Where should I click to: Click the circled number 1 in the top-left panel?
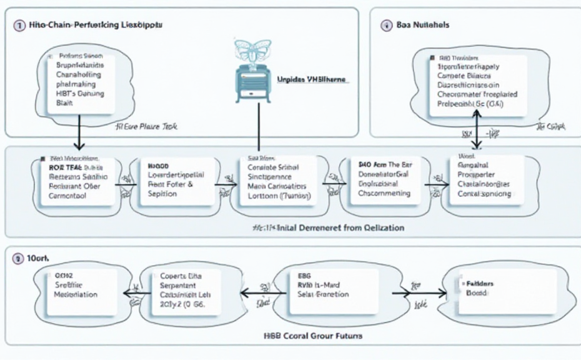coord(17,26)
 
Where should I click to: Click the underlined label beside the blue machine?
coord(312,81)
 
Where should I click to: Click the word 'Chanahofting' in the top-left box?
coord(79,74)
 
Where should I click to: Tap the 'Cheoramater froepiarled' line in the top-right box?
coord(476,95)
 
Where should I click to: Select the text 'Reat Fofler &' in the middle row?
coord(171,185)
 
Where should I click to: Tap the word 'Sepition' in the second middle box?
coord(164,194)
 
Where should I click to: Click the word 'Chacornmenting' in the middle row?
coord(385,194)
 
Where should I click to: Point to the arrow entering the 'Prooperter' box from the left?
coord(436,183)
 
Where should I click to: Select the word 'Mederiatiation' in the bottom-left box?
coord(76,294)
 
